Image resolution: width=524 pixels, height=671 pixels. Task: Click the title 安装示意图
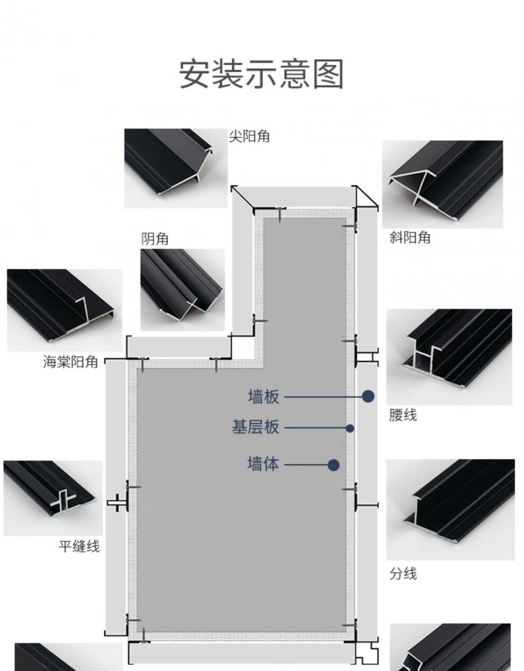261,74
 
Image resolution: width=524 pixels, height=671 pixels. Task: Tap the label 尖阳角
249,137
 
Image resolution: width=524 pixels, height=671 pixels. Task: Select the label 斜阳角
410,238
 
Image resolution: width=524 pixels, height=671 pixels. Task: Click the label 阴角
155,239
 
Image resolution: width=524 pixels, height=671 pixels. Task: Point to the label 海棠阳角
70,362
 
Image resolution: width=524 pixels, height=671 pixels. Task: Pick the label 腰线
403,415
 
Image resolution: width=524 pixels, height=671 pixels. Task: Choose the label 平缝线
79,546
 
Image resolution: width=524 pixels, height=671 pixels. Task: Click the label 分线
403,574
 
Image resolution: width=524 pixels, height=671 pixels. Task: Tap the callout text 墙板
263,396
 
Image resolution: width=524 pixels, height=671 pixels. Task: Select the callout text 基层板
255,427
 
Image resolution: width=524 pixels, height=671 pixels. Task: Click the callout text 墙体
263,464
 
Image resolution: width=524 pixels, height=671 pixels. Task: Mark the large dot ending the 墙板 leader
368,396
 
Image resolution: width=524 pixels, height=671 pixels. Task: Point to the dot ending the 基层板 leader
350,428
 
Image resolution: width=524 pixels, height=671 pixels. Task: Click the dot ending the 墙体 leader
333,465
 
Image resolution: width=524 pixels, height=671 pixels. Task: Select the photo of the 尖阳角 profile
176,168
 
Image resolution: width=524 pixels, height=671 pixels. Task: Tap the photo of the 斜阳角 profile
442,184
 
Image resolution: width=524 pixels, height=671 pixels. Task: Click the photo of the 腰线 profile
449,357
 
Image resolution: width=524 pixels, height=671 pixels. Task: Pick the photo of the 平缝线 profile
53,497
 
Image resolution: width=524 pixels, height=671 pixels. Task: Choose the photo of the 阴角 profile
182,289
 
